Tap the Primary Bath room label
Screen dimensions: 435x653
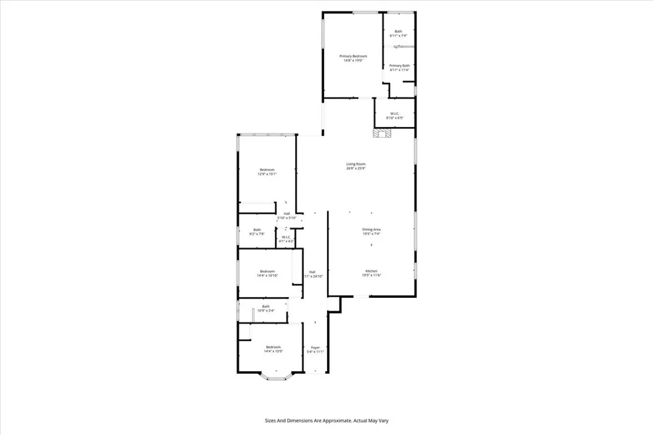click(x=399, y=66)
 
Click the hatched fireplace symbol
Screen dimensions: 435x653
click(x=382, y=133)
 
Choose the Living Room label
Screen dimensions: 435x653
click(x=355, y=164)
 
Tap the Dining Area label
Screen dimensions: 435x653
click(x=372, y=230)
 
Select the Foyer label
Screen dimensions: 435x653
click(x=315, y=348)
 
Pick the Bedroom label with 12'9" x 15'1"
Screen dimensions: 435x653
click(x=267, y=170)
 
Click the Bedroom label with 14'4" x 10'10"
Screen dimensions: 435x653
click(x=267, y=271)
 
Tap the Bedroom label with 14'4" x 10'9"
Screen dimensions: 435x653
click(x=273, y=347)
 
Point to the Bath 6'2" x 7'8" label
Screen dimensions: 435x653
click(x=256, y=230)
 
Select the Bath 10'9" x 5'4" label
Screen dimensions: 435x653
click(x=265, y=306)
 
